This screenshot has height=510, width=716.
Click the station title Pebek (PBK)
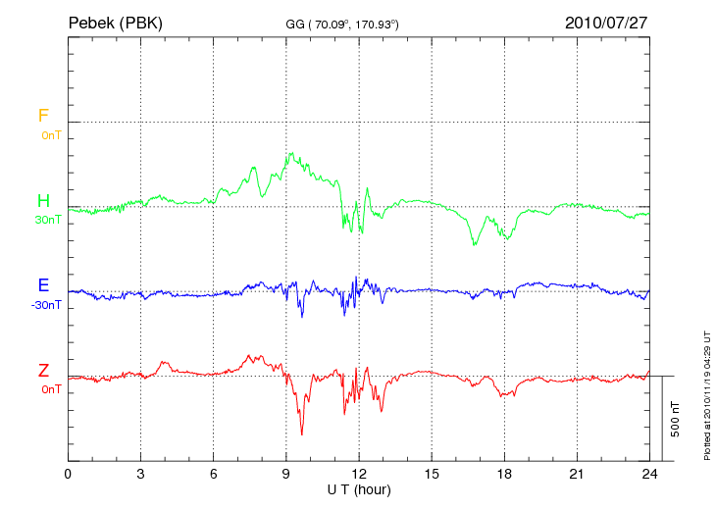tap(115, 22)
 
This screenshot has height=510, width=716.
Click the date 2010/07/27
tap(605, 22)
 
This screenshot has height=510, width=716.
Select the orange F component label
tap(43, 116)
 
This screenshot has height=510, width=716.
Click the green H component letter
tap(43, 201)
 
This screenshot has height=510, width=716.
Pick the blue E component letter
tap(43, 285)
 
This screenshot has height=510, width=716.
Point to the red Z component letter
tap(43, 370)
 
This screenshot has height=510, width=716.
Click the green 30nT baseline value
tap(48, 220)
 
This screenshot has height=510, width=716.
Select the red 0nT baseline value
tap(51, 388)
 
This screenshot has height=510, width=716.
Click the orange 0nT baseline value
tap(51, 134)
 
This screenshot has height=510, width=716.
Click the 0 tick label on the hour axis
tap(68, 474)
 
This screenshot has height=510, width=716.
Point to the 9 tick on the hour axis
tap(286, 474)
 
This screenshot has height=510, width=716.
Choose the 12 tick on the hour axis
tap(359, 474)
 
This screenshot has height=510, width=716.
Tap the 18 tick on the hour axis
tap(504, 474)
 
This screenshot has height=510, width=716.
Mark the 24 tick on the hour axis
tap(649, 474)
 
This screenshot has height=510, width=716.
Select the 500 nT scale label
tap(676, 419)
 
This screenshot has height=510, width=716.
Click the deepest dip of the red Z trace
tap(301, 433)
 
